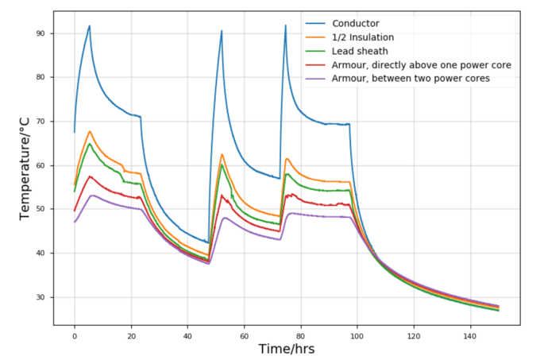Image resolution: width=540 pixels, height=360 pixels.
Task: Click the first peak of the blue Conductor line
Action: coord(90,25)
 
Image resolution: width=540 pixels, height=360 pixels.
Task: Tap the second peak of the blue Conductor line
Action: coord(222,31)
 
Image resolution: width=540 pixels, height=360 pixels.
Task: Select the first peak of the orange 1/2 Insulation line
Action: coord(90,131)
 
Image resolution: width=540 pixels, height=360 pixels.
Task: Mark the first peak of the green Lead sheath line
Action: coord(90,144)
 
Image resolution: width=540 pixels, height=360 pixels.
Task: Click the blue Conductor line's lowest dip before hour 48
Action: coord(208,243)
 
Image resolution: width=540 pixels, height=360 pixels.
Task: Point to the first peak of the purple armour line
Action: coord(92,195)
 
